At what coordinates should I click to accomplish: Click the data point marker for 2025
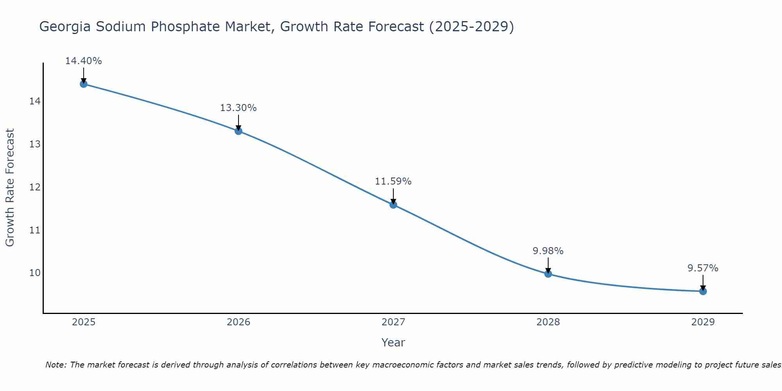(83, 84)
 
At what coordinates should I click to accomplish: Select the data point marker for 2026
(238, 131)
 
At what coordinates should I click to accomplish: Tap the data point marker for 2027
(393, 204)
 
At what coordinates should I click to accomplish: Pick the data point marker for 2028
(548, 274)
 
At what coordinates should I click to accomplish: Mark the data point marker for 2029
(703, 291)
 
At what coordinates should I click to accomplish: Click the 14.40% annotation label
(83, 61)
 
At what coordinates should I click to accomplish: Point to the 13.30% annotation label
(238, 108)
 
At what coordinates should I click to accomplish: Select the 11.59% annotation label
(393, 181)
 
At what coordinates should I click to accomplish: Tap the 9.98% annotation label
(548, 251)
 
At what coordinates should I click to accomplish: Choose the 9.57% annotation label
(703, 268)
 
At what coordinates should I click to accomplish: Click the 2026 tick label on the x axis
(238, 322)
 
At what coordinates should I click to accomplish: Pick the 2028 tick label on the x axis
(548, 322)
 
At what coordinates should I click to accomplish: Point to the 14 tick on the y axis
(35, 102)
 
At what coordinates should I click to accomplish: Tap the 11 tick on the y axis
(35, 230)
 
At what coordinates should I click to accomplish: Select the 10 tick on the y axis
(35, 273)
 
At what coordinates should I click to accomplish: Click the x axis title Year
(393, 343)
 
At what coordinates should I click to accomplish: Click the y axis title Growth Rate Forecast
(10, 188)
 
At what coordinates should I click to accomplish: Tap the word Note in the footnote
(56, 365)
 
